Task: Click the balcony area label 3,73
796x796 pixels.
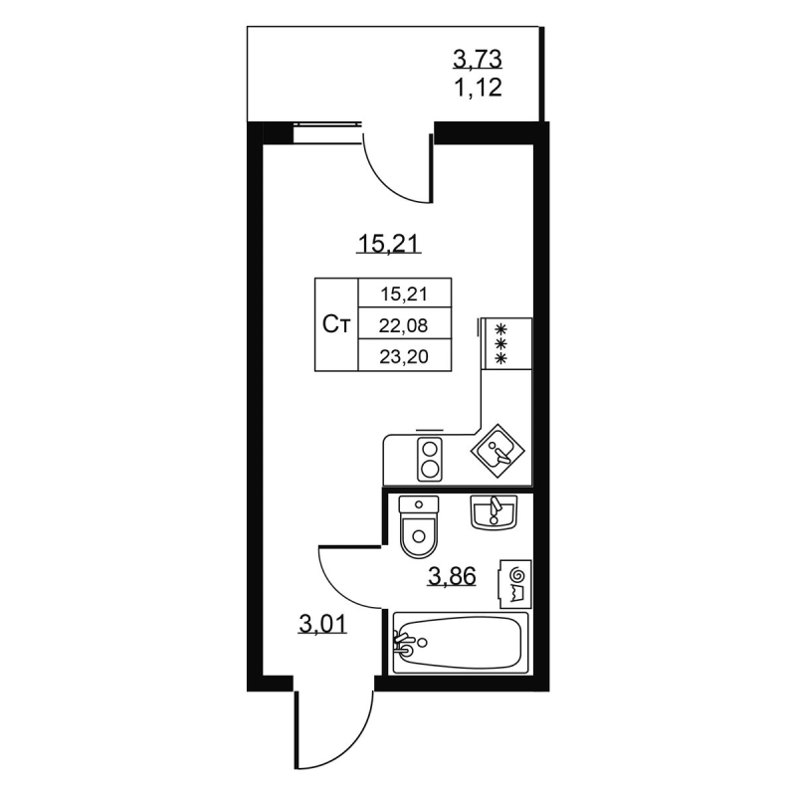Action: [x=478, y=60]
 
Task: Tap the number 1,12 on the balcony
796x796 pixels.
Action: [x=478, y=88]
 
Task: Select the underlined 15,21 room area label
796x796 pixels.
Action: [x=389, y=244]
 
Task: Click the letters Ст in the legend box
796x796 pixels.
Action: [x=336, y=324]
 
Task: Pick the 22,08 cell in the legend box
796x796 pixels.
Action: [x=404, y=325]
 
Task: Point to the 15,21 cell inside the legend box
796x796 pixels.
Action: [x=404, y=294]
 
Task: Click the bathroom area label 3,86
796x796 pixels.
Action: [x=452, y=577]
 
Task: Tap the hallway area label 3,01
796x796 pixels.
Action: [x=322, y=624]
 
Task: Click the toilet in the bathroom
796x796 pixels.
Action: [x=419, y=527]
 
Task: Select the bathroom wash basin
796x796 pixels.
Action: [x=494, y=512]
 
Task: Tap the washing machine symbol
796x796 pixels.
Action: [x=515, y=584]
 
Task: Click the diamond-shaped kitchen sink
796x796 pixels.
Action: [x=497, y=451]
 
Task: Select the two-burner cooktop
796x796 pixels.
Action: [x=430, y=460]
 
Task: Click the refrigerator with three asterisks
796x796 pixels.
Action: [x=506, y=343]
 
